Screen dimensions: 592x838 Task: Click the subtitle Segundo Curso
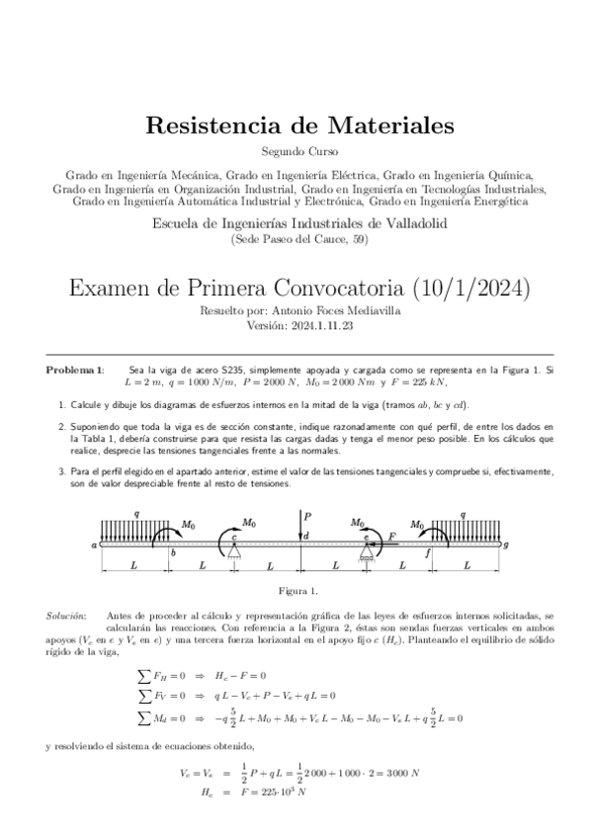(x=298, y=151)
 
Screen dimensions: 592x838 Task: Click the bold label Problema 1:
(x=74, y=369)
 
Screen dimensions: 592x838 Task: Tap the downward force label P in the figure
(x=308, y=516)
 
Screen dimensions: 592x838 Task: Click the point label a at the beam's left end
(x=93, y=544)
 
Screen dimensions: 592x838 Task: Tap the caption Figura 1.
(x=298, y=591)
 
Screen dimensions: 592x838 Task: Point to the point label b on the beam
(x=173, y=551)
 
